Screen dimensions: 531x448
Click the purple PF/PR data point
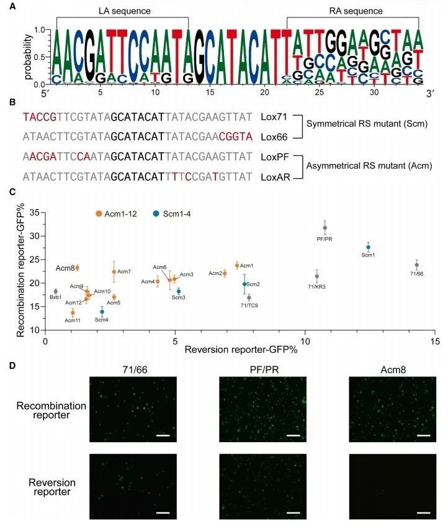click(x=325, y=227)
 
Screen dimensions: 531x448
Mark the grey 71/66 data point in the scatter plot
click(x=417, y=265)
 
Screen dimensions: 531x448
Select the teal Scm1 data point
click(x=369, y=247)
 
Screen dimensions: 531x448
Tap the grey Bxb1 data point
click(x=56, y=291)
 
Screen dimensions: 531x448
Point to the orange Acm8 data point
click(x=77, y=268)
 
